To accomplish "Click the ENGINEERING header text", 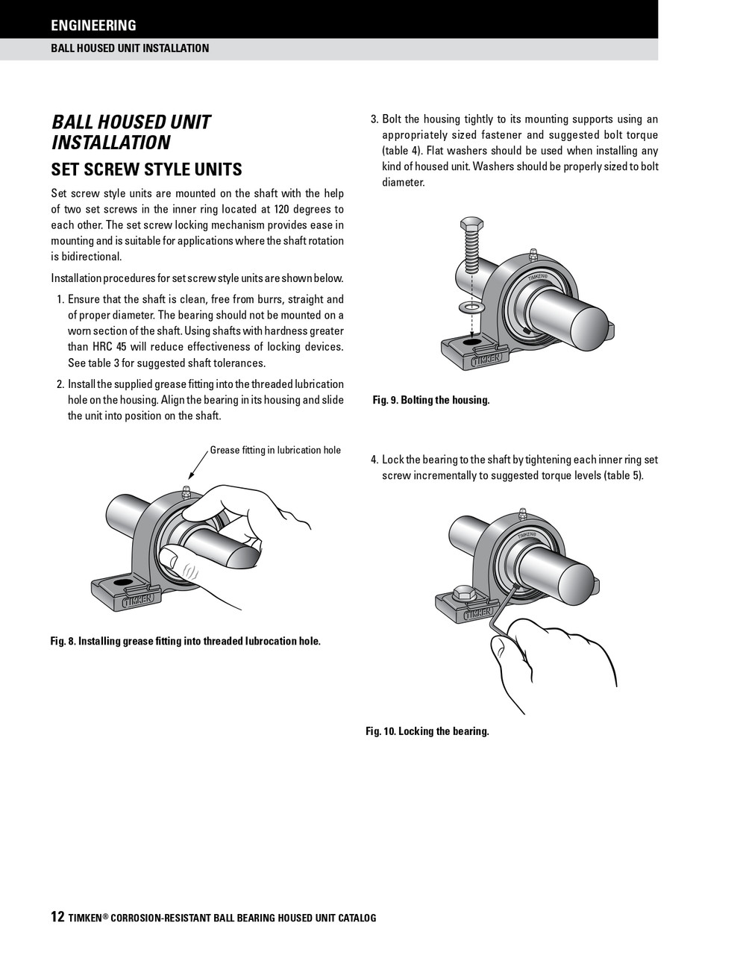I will (x=93, y=25).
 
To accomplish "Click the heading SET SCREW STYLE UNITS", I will (x=146, y=169).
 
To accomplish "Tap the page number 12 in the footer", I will (x=57, y=917).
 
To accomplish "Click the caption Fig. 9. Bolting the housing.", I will (x=431, y=400).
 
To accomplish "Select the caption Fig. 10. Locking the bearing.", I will (x=427, y=731).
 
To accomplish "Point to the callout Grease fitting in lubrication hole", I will (x=275, y=450).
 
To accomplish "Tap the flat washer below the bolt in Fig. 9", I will (x=471, y=307).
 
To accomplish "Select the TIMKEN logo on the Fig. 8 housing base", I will (x=138, y=598).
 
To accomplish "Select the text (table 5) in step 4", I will (x=624, y=475).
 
